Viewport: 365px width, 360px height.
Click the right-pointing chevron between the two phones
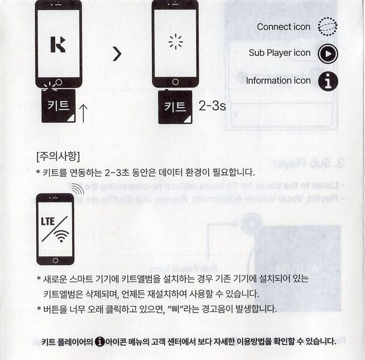(x=117, y=54)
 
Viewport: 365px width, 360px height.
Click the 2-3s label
(x=212, y=106)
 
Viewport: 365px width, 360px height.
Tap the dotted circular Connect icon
(x=327, y=26)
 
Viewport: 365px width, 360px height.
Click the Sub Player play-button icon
(x=327, y=53)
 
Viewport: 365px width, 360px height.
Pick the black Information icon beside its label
(x=327, y=81)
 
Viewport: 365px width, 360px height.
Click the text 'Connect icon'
(x=283, y=26)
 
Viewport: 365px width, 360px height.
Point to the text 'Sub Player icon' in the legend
(x=280, y=53)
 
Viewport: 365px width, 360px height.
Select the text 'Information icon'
(x=278, y=81)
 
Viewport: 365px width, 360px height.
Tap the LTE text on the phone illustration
(x=49, y=220)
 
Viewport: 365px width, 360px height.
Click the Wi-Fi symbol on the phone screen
(x=61, y=236)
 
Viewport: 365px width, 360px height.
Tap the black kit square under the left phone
(x=58, y=106)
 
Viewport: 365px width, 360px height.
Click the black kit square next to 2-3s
(x=175, y=107)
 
